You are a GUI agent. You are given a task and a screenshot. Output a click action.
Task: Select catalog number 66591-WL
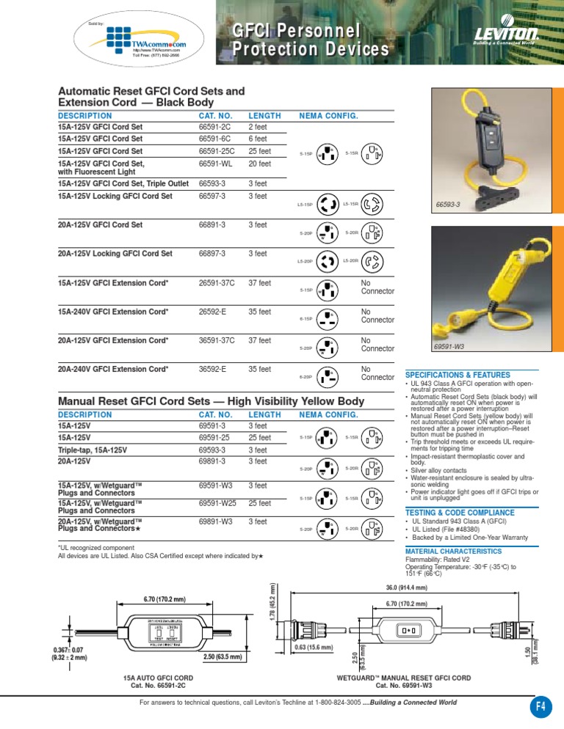(214, 164)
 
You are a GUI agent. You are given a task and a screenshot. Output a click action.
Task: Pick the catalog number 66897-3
(214, 254)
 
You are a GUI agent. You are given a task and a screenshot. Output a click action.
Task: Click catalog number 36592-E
(214, 369)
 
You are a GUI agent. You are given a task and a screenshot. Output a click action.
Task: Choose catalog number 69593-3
(214, 450)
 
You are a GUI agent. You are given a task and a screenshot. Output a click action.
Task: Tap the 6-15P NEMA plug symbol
(325, 319)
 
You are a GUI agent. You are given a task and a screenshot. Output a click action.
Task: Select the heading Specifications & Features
(459, 374)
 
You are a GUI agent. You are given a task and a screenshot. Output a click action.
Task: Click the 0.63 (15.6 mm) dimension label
(315, 648)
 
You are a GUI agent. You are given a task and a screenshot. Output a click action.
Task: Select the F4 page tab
(540, 707)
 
